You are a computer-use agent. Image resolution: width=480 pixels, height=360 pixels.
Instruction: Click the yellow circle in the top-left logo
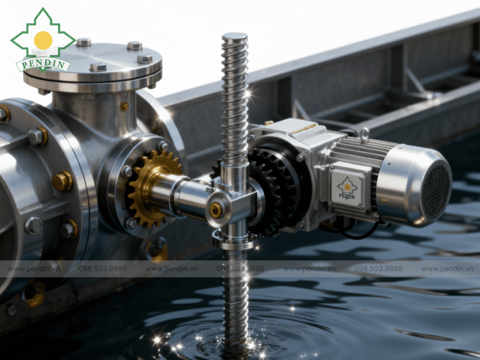click(x=43, y=40)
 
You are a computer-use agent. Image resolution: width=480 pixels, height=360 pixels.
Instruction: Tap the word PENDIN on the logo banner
click(x=43, y=65)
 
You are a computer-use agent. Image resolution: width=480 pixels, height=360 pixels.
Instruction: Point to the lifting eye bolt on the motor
click(x=364, y=134)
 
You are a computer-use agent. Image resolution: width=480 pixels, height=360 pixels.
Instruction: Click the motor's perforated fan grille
click(x=436, y=191)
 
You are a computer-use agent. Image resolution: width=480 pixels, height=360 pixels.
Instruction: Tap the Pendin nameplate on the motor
click(x=347, y=188)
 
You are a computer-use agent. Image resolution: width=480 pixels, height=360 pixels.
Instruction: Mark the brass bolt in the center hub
click(x=215, y=210)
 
